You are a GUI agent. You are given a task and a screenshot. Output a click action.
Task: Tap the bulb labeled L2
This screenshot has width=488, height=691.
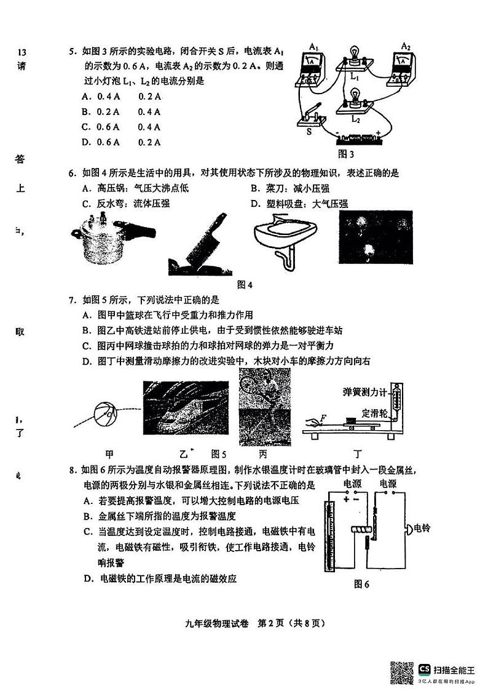pyautogui.click(x=354, y=98)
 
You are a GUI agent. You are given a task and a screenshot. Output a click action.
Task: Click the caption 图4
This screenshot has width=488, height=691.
pyautogui.click(x=245, y=284)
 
